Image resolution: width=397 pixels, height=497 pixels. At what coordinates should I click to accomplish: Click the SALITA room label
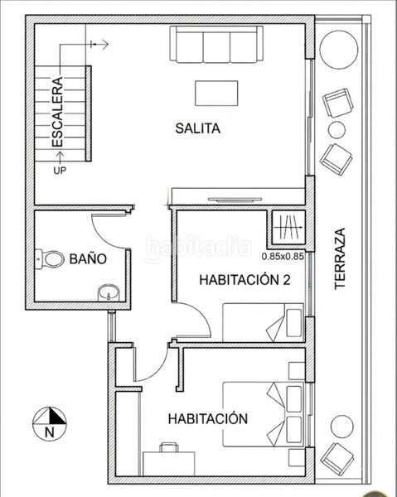point(198,128)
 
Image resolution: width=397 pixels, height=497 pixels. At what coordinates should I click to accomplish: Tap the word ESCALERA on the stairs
point(58,112)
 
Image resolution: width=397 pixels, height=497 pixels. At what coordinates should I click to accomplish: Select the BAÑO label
point(88,259)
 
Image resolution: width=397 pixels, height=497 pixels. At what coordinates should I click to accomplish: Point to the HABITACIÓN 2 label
point(244,280)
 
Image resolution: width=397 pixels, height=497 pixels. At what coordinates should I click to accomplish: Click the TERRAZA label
point(340,258)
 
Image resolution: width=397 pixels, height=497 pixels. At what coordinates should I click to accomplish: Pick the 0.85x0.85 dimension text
point(283,256)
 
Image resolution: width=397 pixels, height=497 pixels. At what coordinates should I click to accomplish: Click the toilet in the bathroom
point(50,259)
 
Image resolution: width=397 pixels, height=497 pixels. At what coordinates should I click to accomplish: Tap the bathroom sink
point(109,292)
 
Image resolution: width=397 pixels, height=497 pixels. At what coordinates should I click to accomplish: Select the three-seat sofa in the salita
point(216,44)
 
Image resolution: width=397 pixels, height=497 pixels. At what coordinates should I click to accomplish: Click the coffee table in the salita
point(216,93)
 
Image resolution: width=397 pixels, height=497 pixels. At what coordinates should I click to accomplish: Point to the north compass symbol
point(50,424)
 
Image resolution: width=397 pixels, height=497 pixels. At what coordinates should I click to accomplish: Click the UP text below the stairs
point(60,171)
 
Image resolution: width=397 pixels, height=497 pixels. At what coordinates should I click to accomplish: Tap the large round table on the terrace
point(339,50)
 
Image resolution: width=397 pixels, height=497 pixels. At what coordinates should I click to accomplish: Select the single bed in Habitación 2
point(263,322)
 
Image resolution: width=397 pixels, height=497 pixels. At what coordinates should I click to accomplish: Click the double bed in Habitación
point(263,414)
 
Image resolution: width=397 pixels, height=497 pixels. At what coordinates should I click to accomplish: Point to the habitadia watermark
point(199,248)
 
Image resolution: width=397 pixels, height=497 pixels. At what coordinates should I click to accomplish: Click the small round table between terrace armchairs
point(336,130)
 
